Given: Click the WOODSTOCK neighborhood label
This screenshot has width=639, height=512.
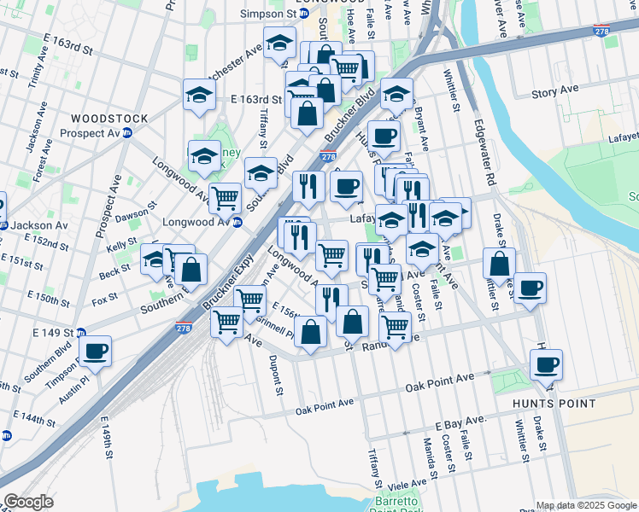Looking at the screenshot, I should pyautogui.click(x=108, y=119).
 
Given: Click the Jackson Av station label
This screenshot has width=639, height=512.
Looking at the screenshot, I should pyautogui.click(x=39, y=225).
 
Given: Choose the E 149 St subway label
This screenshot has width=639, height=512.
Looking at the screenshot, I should pyautogui.click(x=51, y=333).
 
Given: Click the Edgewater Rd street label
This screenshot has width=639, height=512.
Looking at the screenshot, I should pyautogui.click(x=490, y=159).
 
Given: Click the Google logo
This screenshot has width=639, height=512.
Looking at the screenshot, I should pyautogui.click(x=28, y=501).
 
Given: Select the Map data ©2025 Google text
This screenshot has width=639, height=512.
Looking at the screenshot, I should pyautogui.click(x=586, y=505).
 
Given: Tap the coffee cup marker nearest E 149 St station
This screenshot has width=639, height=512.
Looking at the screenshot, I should pyautogui.click(x=96, y=351).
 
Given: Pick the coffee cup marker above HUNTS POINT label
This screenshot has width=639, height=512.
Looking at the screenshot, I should pyautogui.click(x=546, y=365).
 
